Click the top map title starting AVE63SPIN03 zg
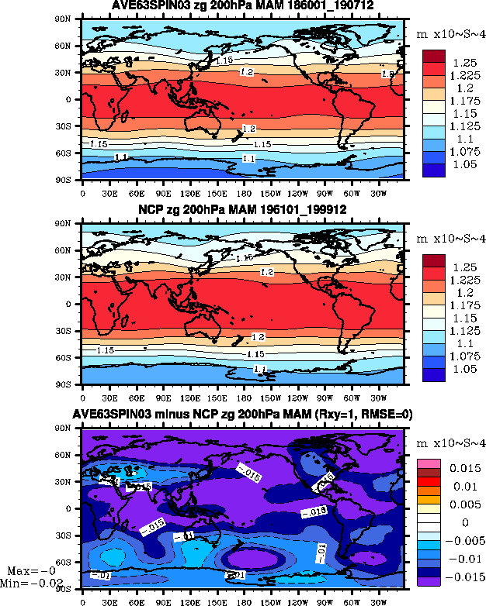[243, 7]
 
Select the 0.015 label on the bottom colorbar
[465, 469]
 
